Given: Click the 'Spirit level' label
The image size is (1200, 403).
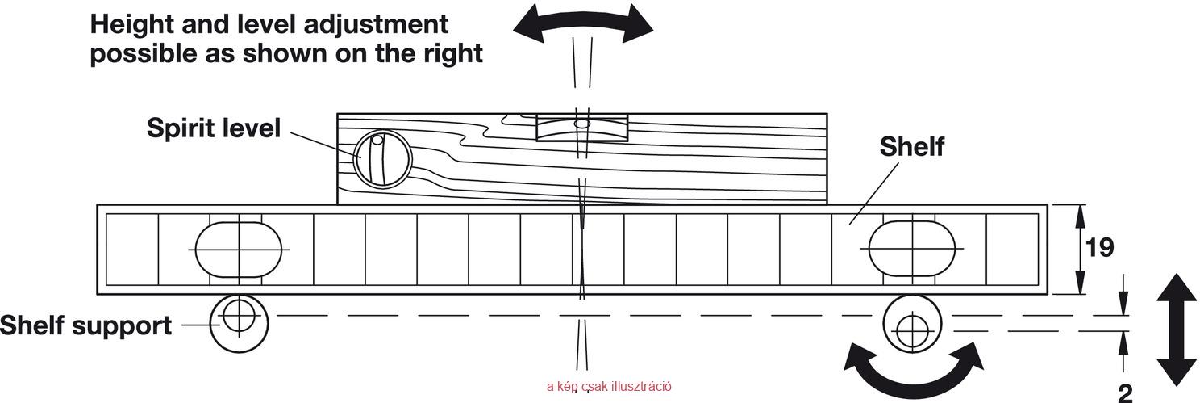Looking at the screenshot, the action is click(x=214, y=128).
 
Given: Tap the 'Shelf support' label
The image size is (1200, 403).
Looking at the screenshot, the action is click(x=85, y=325).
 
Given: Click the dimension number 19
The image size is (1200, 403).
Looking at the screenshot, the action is click(x=1099, y=247).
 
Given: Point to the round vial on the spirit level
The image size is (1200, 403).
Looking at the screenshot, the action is click(x=382, y=160).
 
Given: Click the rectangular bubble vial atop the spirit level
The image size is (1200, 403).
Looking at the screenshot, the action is click(x=581, y=127).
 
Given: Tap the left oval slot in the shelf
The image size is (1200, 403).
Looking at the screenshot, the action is click(x=239, y=250).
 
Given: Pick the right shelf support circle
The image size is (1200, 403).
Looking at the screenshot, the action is click(x=912, y=324).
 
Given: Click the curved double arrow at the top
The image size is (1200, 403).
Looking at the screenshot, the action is click(x=583, y=23).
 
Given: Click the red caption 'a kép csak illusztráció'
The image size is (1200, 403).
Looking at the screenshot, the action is click(x=609, y=386).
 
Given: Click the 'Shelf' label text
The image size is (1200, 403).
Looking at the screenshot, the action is click(x=912, y=146).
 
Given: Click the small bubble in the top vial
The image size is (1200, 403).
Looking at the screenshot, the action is click(x=581, y=124).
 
